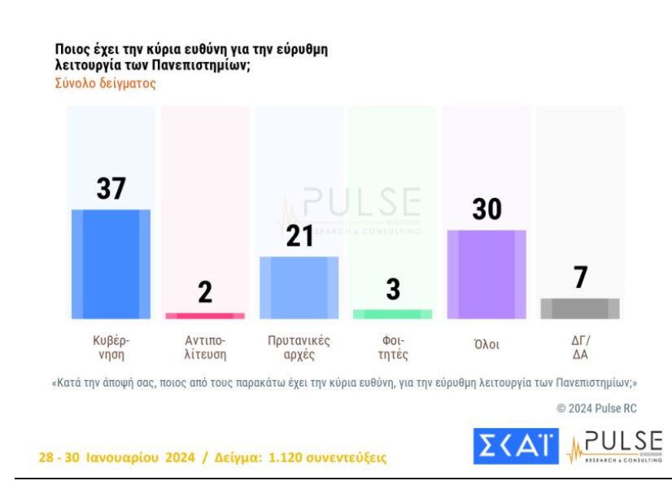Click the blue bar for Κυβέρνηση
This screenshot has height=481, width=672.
click(111, 264)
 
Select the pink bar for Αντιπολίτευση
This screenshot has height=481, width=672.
click(205, 315)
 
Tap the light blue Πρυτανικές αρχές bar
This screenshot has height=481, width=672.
click(299, 287)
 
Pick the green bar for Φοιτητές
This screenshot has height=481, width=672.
click(392, 314)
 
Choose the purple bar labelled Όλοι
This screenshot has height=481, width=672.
click(487, 274)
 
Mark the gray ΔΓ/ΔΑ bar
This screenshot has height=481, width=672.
click(580, 308)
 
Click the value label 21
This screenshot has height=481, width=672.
click(299, 237)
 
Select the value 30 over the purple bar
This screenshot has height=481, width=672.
click(487, 210)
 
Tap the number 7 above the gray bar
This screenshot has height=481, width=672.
click(580, 278)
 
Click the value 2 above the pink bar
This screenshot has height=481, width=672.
click(205, 293)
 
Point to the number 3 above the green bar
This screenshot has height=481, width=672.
click(392, 291)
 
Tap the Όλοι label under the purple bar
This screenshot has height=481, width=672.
click(487, 345)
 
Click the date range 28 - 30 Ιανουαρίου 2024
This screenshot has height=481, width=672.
click(114, 456)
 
